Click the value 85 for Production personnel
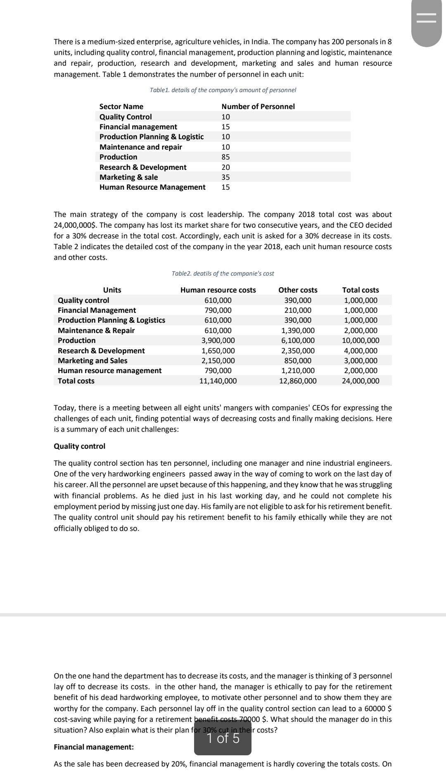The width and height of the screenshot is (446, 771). [225, 157]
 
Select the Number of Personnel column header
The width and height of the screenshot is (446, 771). [258, 107]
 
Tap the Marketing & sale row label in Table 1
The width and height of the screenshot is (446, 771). [128, 177]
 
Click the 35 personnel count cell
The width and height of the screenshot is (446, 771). [225, 177]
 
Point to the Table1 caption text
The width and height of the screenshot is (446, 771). [223, 90]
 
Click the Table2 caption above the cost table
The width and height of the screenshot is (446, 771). [223, 274]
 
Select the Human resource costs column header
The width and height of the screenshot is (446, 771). [218, 290]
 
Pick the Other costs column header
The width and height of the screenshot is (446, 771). [298, 290]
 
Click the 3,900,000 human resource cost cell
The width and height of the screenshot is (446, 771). [218, 340]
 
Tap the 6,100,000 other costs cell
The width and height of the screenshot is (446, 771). [298, 340]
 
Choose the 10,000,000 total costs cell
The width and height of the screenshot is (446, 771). [361, 340]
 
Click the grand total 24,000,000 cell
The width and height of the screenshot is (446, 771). [361, 381]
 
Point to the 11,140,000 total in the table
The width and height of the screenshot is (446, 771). [218, 381]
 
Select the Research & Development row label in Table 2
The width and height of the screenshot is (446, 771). [101, 351]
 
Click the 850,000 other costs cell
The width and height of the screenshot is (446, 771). [298, 361]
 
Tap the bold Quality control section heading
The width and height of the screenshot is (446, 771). [80, 446]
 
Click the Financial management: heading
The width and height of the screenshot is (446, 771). [94, 747]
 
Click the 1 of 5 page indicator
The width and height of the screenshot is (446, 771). [223, 738]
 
